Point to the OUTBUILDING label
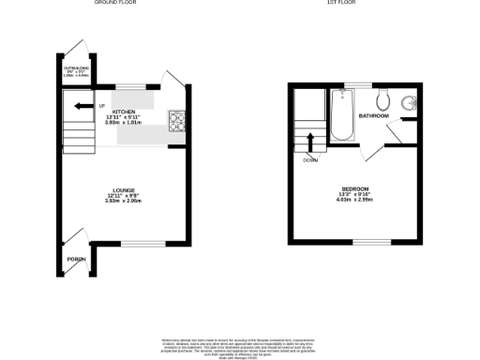(75, 67)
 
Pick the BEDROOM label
(354, 187)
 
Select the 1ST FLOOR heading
(340, 3)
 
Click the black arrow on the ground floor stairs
(82, 105)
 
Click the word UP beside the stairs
(101, 105)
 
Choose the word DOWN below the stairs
(309, 159)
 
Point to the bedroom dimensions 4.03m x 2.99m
(354, 200)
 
